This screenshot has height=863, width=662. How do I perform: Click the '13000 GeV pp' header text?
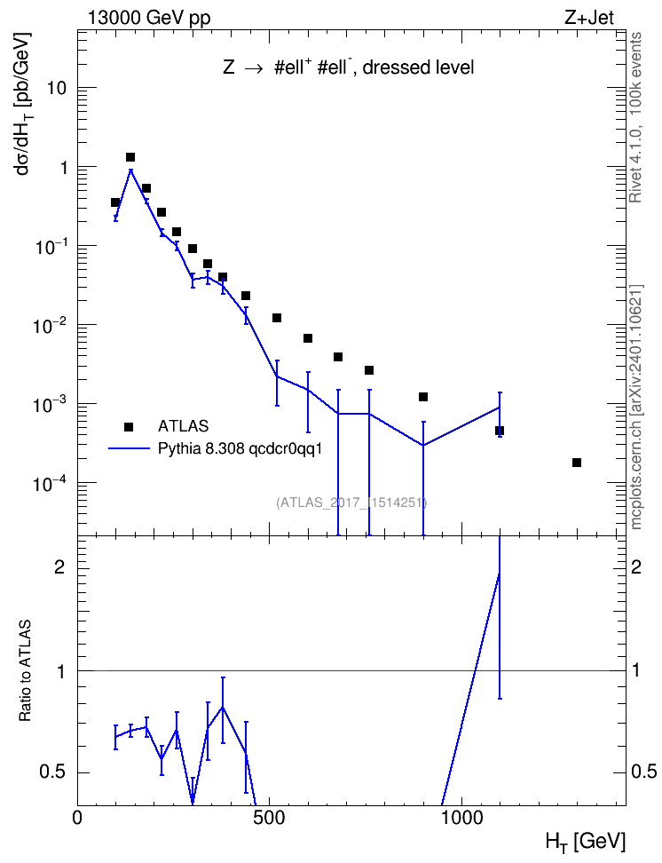point(149,18)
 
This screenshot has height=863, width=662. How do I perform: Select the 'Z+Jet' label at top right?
point(589,17)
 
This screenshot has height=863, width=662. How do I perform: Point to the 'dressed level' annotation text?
point(418,67)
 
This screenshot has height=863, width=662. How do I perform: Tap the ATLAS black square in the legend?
point(129,426)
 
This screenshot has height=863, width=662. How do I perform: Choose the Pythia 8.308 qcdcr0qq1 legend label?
point(240,449)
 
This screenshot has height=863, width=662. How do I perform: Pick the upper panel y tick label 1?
point(63,167)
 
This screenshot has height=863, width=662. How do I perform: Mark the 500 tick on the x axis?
point(269,818)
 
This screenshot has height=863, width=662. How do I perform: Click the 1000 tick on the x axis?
point(461,818)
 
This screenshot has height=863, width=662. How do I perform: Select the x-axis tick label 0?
point(77,818)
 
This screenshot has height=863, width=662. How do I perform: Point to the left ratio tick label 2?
point(59,566)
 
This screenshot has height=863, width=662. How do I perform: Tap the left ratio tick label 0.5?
point(52,772)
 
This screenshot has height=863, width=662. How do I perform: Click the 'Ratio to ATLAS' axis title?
point(25,670)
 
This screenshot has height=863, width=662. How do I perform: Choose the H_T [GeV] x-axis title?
point(586,842)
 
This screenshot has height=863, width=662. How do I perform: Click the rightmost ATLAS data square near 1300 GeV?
point(577,463)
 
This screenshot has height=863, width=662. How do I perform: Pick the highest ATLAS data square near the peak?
point(130,157)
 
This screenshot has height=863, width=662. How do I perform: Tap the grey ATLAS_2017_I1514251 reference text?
point(351,503)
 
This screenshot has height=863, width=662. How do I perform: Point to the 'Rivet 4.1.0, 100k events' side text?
point(635,117)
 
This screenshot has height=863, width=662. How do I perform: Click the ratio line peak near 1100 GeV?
point(499,574)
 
